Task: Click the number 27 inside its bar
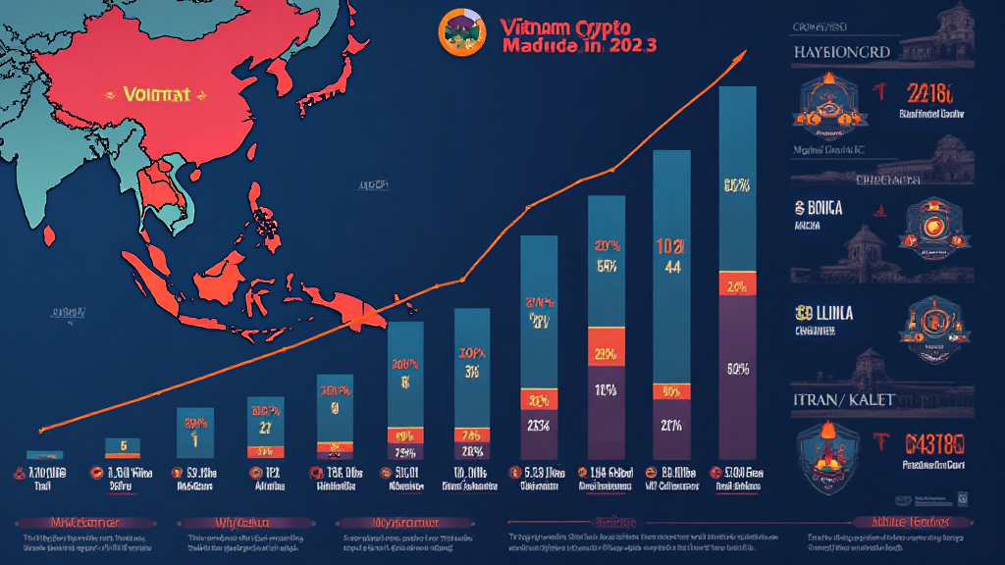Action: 266,427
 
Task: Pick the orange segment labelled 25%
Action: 606,353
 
